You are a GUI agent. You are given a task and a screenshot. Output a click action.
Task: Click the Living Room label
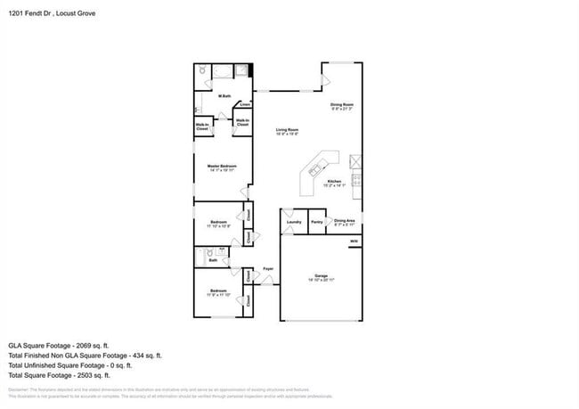[286, 130]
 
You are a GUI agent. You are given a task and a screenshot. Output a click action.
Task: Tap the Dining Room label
[342, 106]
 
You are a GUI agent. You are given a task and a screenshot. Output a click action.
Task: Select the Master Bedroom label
[222, 167]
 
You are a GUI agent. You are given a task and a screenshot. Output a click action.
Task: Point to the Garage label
[321, 276]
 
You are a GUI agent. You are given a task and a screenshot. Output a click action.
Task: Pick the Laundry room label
[293, 222]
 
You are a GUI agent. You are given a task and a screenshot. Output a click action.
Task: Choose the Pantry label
[316, 222]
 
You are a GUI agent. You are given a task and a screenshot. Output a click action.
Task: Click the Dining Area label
[345, 222]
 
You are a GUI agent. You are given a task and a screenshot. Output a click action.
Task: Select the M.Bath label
[225, 96]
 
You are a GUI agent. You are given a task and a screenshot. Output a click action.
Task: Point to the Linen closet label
[244, 104]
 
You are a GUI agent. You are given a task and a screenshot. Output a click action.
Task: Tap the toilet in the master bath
[203, 70]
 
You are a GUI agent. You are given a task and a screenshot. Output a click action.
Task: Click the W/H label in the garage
[354, 241]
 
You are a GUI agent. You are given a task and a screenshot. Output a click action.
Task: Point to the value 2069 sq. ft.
[91, 345]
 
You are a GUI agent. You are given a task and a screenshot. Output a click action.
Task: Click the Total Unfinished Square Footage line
[69, 364]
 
